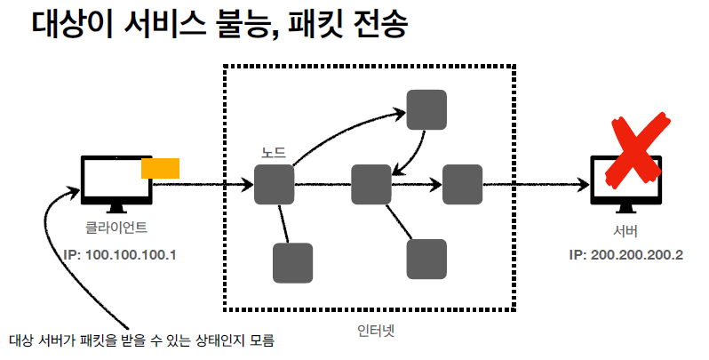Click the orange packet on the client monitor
pos(161,167)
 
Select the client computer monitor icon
pos(116,183)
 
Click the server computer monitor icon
pos(625,183)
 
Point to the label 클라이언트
pos(116,228)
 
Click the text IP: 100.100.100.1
pos(121,255)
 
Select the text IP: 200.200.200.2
pos(625,255)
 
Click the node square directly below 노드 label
pos(274,185)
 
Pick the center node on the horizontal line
pos(371,185)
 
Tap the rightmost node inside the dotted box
pos(462,185)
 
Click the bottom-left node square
pos(292,263)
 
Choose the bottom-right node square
pos(426,260)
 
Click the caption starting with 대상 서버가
pos(142,340)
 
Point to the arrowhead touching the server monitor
pos(585,185)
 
